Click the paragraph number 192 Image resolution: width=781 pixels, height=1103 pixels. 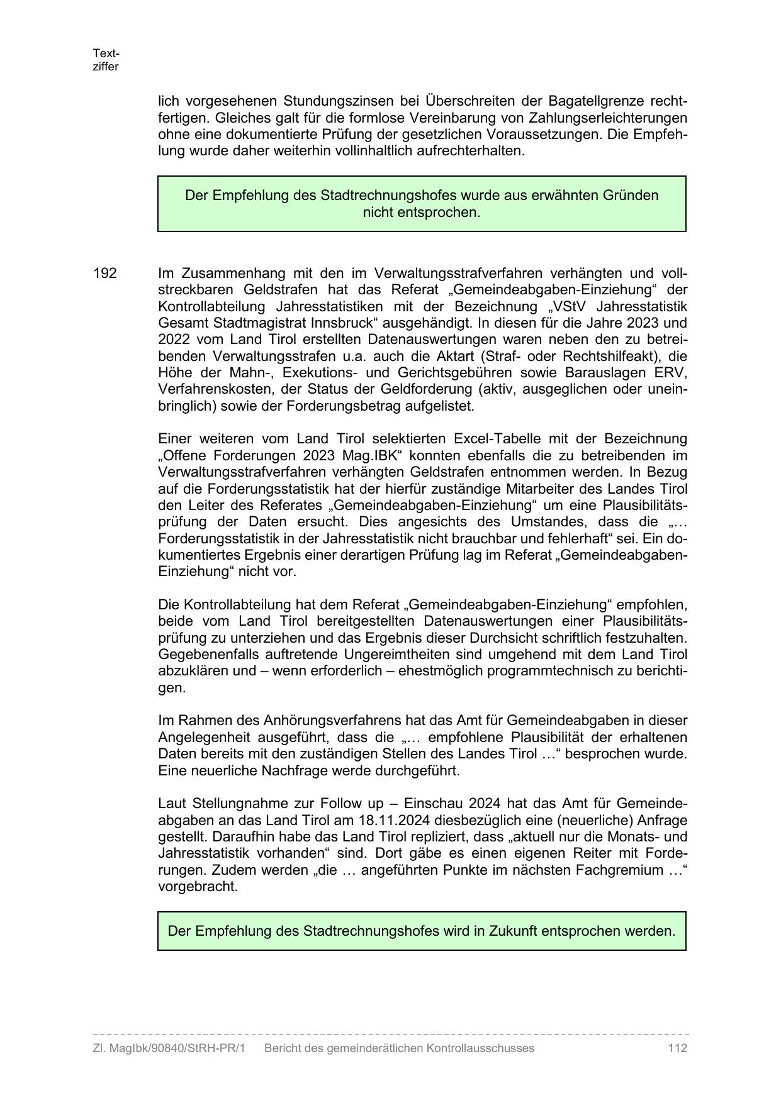[x=105, y=274]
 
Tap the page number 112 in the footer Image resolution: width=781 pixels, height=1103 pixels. [x=678, y=1048]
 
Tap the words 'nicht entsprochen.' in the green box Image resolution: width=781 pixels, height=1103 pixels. [x=422, y=213]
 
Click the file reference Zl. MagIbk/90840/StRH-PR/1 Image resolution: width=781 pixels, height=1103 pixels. [x=169, y=1048]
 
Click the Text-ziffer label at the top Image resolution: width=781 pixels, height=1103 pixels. [x=106, y=60]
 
